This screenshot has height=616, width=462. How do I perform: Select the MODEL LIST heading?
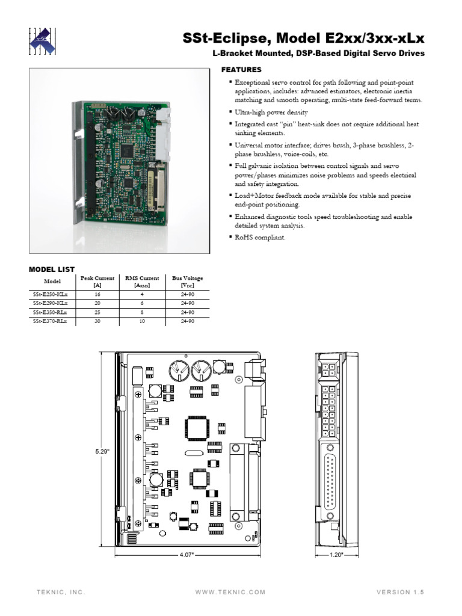(52, 269)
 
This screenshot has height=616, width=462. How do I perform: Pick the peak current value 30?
(97, 322)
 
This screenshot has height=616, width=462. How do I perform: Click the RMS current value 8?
(142, 313)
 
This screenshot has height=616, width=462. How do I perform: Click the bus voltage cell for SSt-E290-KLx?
(187, 304)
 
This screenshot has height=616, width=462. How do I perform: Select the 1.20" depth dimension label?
(336, 555)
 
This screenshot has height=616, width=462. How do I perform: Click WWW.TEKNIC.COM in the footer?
(230, 593)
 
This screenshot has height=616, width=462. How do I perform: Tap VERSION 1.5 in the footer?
(400, 593)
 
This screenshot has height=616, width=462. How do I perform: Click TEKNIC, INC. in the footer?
(61, 593)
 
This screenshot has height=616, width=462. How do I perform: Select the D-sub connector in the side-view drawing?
(331, 478)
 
